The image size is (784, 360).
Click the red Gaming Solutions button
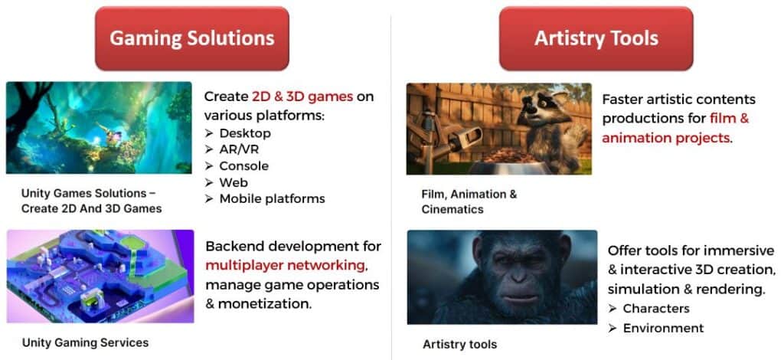click(x=192, y=38)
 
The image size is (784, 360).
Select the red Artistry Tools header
click(x=596, y=38)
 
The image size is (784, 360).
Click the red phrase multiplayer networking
click(x=285, y=265)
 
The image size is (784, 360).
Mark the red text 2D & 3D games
click(x=302, y=97)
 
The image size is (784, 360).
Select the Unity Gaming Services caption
click(x=85, y=343)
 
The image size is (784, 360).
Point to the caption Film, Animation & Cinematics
click(x=469, y=201)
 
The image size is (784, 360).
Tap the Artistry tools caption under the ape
click(x=459, y=345)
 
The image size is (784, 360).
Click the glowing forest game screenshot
click(x=99, y=127)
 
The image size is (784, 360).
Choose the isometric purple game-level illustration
click(x=100, y=276)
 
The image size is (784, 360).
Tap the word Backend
click(x=234, y=246)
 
